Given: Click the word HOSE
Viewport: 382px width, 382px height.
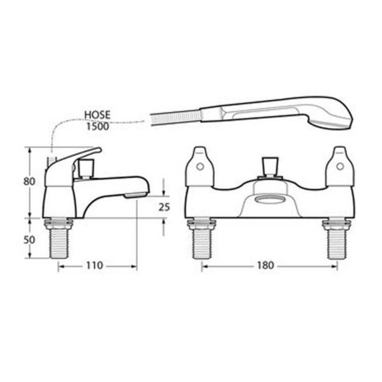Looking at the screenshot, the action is coord(97,115).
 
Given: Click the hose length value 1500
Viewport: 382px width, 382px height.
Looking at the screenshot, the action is coord(97,126).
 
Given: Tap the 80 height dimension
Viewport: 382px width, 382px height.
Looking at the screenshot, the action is coord(29,181).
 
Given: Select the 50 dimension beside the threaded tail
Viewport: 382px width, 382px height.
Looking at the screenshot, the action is coord(29,240).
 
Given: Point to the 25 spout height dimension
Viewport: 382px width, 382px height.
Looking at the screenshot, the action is coord(164,207).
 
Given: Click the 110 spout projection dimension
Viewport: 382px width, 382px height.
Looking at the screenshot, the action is coord(95,265).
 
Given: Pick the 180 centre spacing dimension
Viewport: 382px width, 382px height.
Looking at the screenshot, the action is coord(265,265).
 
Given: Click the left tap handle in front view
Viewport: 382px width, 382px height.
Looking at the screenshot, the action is coord(200,167).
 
